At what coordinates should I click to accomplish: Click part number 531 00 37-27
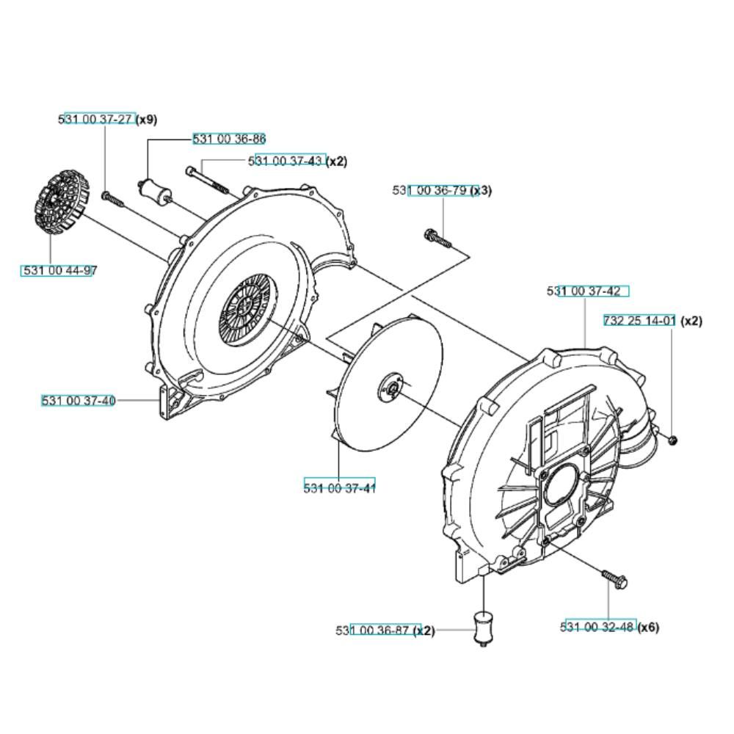pos(96,120)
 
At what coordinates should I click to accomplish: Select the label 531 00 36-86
pos(229,139)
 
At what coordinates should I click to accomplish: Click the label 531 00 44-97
pos(57,270)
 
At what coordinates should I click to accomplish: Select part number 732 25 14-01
pos(639,321)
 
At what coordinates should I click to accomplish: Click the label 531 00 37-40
pos(79,401)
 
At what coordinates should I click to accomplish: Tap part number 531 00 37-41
pos(339,488)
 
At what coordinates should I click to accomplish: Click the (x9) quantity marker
pos(146,120)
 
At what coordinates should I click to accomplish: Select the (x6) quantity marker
pos(648,627)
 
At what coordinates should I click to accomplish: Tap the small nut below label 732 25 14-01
pos(672,440)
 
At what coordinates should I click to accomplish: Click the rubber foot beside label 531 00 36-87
pos(484,628)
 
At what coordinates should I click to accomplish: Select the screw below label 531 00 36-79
pos(437,239)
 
